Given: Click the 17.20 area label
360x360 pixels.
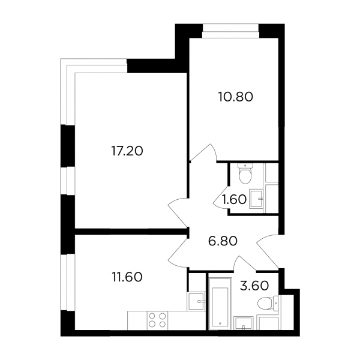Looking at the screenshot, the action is pyautogui.click(x=127, y=151).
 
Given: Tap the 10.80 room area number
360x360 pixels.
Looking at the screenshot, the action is pyautogui.click(x=235, y=97).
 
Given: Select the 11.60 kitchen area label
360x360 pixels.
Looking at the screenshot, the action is pyautogui.click(x=127, y=277).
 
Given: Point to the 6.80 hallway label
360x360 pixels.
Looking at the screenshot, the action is pyautogui.click(x=223, y=241).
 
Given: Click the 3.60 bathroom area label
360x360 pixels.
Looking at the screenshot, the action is pyautogui.click(x=254, y=286).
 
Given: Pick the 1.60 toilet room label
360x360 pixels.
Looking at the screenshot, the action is pyautogui.click(x=234, y=199).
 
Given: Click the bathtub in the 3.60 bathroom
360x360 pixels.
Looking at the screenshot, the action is pyautogui.click(x=220, y=303).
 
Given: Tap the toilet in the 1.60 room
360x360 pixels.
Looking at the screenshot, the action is pyautogui.click(x=245, y=173).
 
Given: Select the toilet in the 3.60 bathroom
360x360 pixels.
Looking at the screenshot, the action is pyautogui.click(x=268, y=303).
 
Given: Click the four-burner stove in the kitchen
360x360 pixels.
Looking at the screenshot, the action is pyautogui.click(x=157, y=320).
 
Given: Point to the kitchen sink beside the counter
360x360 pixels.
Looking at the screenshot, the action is pyautogui.click(x=196, y=301).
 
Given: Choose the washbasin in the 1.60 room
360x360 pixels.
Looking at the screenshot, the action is pyautogui.click(x=256, y=199).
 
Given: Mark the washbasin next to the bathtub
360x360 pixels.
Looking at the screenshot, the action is pyautogui.click(x=244, y=323).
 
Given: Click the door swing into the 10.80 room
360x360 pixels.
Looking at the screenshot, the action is pyautogui.click(x=205, y=152).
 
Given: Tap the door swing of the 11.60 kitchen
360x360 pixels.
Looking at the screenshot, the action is pyautogui.click(x=178, y=253).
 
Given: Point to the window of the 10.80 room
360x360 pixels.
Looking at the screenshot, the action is pyautogui.click(x=231, y=31).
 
